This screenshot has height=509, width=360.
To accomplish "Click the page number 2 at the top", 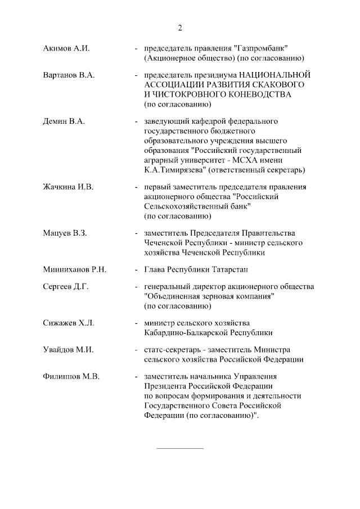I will click(180, 28).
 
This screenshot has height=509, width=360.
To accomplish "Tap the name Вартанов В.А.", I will click(68, 75).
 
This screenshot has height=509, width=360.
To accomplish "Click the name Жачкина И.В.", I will click(68, 187).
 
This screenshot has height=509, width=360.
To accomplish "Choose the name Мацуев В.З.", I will click(65, 233).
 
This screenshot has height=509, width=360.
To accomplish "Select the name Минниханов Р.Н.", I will click(75, 269).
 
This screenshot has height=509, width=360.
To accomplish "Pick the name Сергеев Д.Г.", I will click(66, 287).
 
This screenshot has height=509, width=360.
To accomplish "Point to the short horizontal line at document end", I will click(179, 448).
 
